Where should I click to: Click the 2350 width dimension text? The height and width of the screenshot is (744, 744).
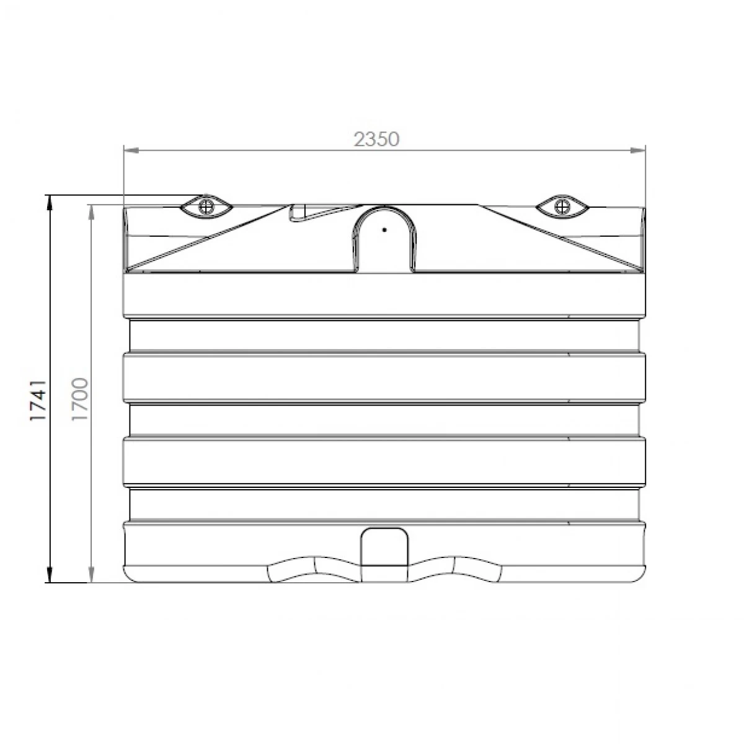(x=376, y=139)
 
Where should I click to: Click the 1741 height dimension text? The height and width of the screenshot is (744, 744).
(x=38, y=400)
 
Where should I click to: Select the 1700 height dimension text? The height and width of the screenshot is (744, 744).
(x=81, y=399)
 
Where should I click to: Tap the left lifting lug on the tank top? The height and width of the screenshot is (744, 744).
(x=206, y=206)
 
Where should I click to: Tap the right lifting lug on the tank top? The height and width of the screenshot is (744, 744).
(x=562, y=206)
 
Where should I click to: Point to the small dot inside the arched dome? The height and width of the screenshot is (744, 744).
(x=384, y=230)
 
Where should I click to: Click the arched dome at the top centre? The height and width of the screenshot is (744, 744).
(x=384, y=238)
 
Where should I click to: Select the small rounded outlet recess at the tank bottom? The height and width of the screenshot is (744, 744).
(x=384, y=546)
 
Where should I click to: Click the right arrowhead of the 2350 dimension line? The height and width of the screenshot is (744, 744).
(x=637, y=150)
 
